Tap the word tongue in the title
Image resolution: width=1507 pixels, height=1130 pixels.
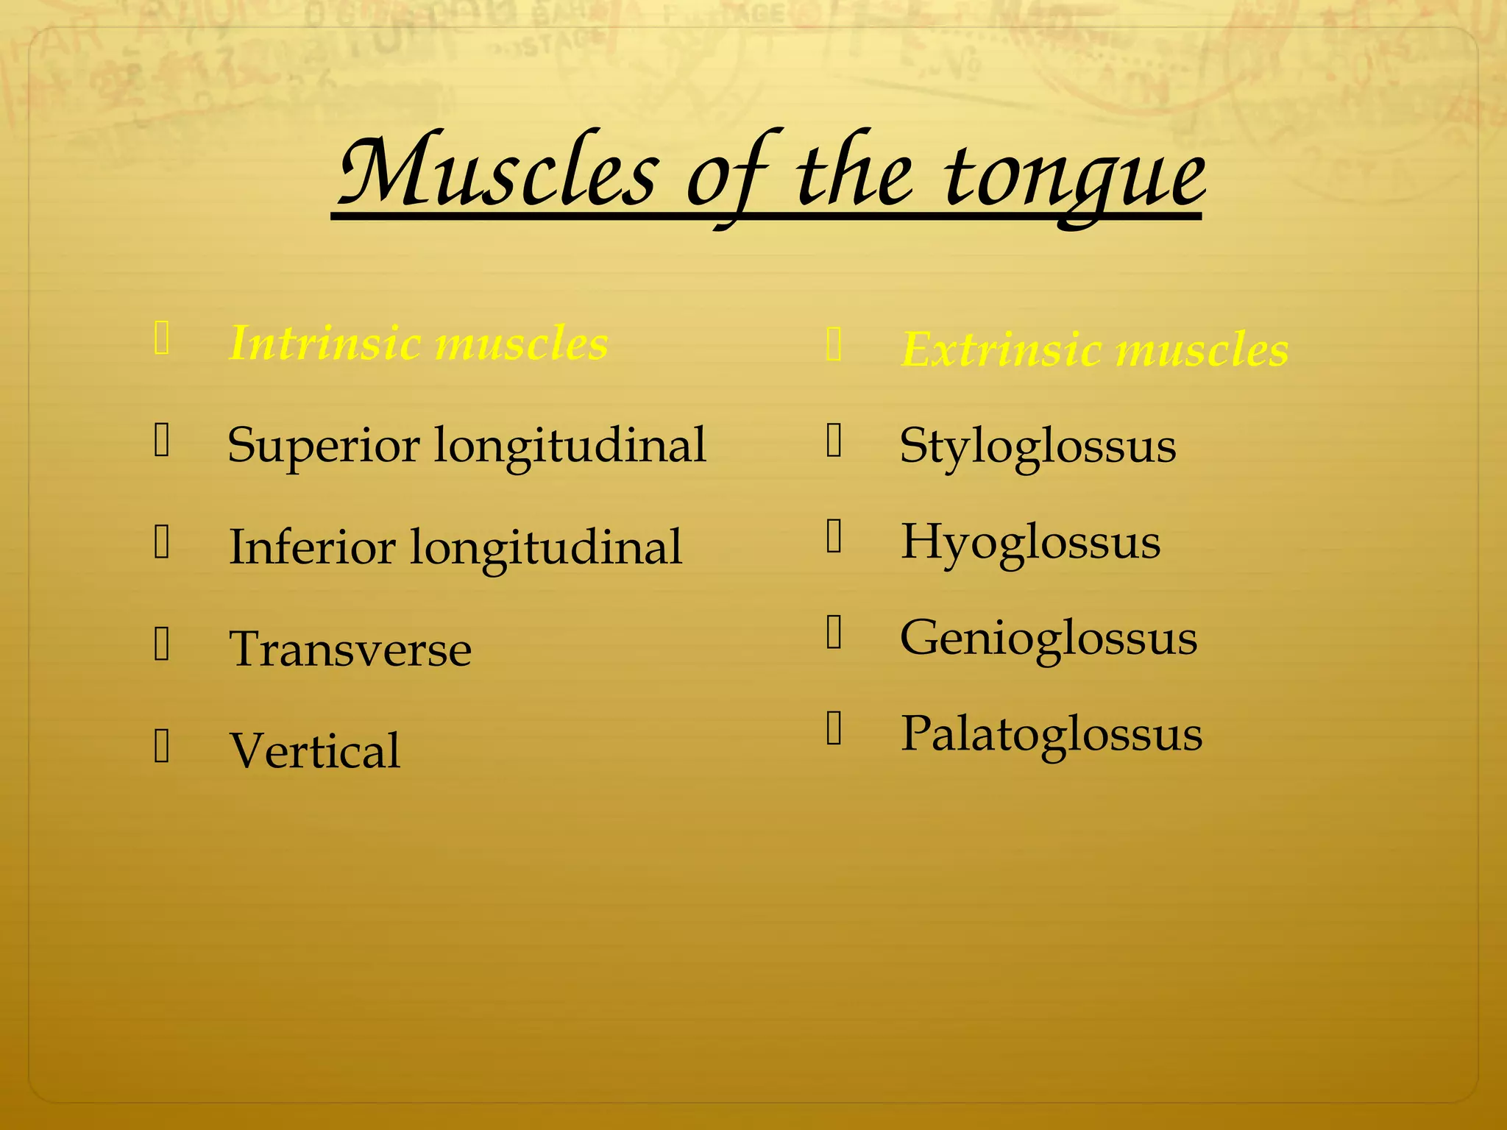[1074, 177]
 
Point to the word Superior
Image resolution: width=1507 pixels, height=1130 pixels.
[324, 446]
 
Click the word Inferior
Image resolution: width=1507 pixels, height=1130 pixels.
[312, 547]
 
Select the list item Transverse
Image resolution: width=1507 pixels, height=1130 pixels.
[350, 650]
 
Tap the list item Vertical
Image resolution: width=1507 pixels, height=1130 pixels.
[315, 751]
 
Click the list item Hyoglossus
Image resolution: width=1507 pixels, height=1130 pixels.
[1030, 543]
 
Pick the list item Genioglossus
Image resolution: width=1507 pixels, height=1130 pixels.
[1048, 639]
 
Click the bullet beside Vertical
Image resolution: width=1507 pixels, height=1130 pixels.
[162, 747]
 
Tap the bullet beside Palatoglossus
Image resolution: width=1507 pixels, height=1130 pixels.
[834, 729]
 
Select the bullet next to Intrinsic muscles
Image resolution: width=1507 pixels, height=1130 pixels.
[162, 339]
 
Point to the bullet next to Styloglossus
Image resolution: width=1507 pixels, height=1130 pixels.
[834, 441]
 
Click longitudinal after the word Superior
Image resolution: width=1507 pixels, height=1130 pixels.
[570, 446]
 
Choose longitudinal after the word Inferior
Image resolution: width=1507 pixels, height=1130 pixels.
[545, 547]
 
